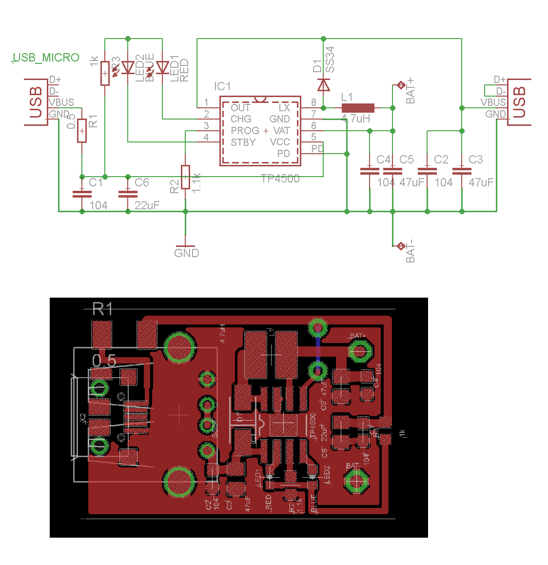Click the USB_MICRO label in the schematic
(46, 58)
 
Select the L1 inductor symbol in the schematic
(358, 108)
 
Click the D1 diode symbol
(323, 85)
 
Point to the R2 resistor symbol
(185, 177)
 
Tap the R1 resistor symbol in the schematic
(82, 130)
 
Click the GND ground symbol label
(186, 253)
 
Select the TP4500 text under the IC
(280, 179)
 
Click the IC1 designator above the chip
(222, 86)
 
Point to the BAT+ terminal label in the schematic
(411, 90)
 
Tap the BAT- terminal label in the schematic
(411, 251)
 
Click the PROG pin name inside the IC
(245, 131)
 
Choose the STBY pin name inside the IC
(243, 142)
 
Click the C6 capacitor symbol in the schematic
(128, 193)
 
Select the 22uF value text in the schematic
(147, 205)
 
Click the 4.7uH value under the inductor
(355, 119)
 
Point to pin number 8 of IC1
(313, 102)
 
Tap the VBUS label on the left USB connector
(61, 102)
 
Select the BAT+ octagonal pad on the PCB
(360, 351)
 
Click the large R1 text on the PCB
(103, 309)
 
